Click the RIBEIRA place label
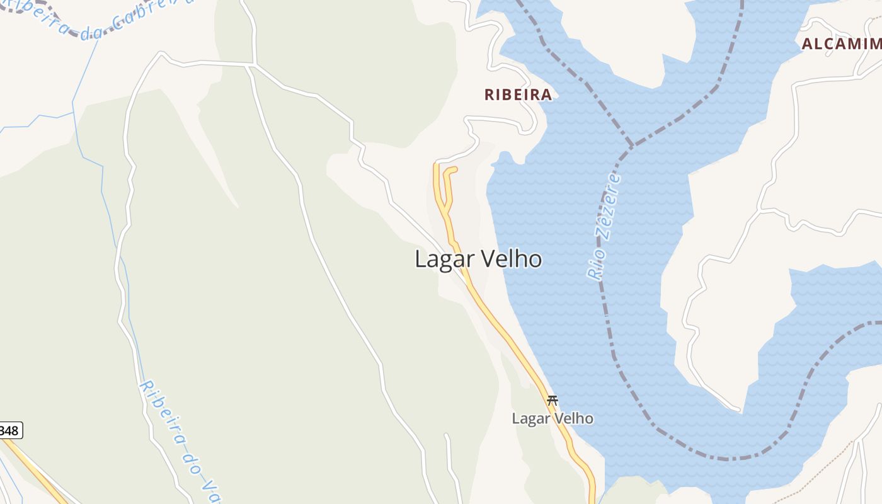pyautogui.click(x=518, y=95)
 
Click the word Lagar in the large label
pyautogui.click(x=441, y=259)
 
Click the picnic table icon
pyautogui.click(x=553, y=399)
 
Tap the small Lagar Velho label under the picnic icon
pyautogui.click(x=553, y=418)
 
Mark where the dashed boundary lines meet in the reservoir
pyautogui.click(x=631, y=146)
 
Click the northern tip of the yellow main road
pyautogui.click(x=435, y=165)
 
